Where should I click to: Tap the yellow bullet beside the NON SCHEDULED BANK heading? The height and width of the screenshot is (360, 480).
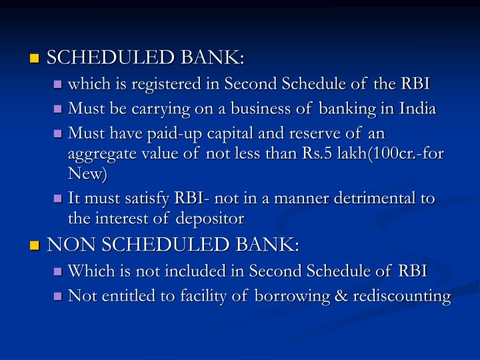coord(35,247)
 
